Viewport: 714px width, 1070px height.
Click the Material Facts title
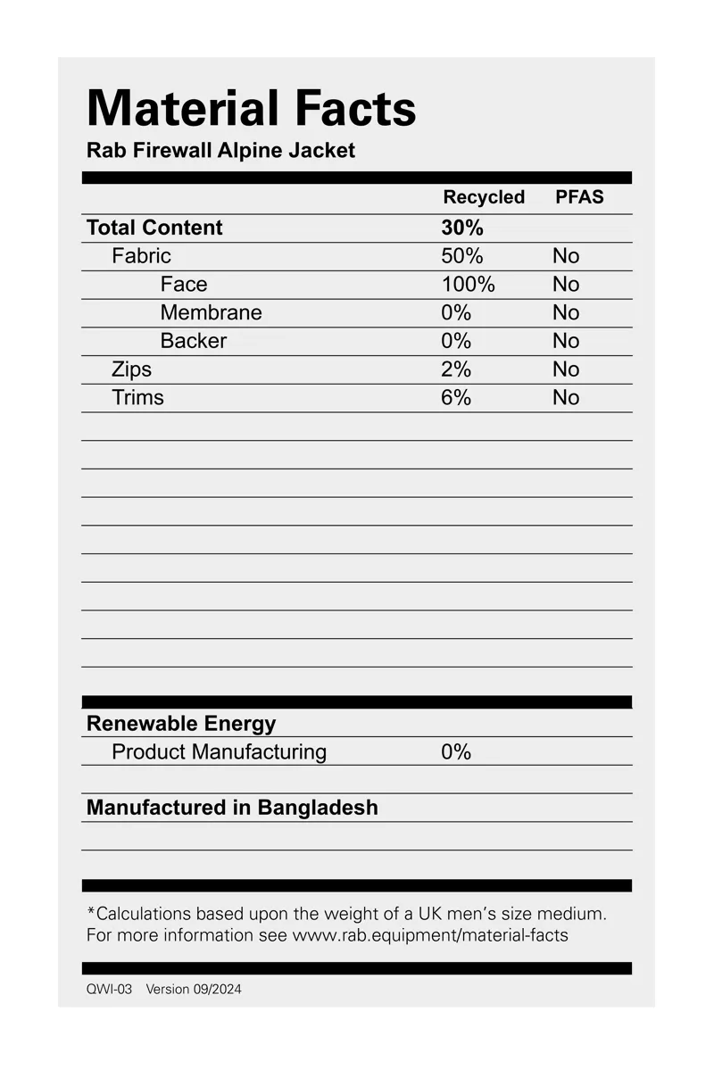pos(252,109)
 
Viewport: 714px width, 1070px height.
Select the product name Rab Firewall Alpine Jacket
pos(220,150)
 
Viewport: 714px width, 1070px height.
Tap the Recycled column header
pos(484,197)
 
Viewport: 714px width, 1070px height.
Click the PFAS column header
pos(579,197)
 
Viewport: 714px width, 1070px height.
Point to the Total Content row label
pos(154,228)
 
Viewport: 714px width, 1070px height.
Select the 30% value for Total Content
pos(462,228)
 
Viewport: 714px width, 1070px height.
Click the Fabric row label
pos(141,256)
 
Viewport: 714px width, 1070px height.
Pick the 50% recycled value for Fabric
pos(462,256)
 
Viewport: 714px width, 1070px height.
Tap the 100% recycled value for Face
pos(468,285)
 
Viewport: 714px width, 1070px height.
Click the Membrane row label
pos(211,312)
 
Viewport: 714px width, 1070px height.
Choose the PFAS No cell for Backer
pos(566,341)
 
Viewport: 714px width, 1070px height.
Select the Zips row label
pos(131,369)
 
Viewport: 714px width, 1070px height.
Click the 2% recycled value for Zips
pos(456,369)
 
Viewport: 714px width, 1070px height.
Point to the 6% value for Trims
pos(456,398)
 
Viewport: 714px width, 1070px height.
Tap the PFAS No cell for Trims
pos(566,398)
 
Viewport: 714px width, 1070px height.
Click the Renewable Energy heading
pos(181,724)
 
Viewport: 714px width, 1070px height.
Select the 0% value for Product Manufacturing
pos(456,752)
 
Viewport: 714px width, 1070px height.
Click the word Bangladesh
pos(318,808)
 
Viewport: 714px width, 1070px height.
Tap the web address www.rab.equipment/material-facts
pos(430,935)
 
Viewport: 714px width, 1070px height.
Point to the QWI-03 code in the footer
pos(109,989)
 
